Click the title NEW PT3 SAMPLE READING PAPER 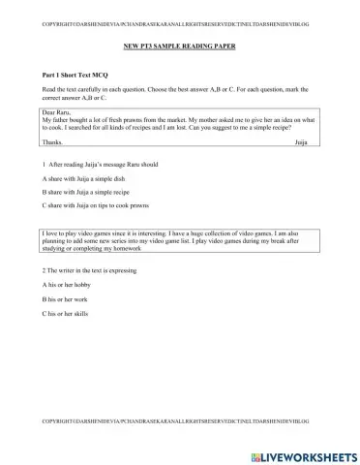(x=179, y=46)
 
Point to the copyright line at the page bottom (x=179, y=423)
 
